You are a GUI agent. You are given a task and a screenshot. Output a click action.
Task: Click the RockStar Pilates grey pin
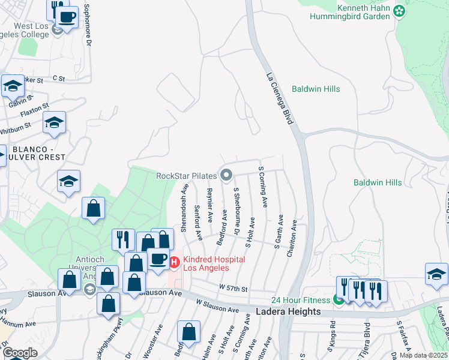226,175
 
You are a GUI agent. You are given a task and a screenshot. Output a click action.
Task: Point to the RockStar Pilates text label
186,176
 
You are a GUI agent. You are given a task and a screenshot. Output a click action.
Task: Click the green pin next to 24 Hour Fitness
339,299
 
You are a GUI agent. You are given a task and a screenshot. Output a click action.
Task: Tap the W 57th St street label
234,289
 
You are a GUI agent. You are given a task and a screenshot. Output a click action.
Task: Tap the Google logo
20,353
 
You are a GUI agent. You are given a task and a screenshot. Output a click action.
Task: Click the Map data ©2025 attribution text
423,355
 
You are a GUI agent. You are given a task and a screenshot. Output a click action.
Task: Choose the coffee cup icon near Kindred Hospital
159,259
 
